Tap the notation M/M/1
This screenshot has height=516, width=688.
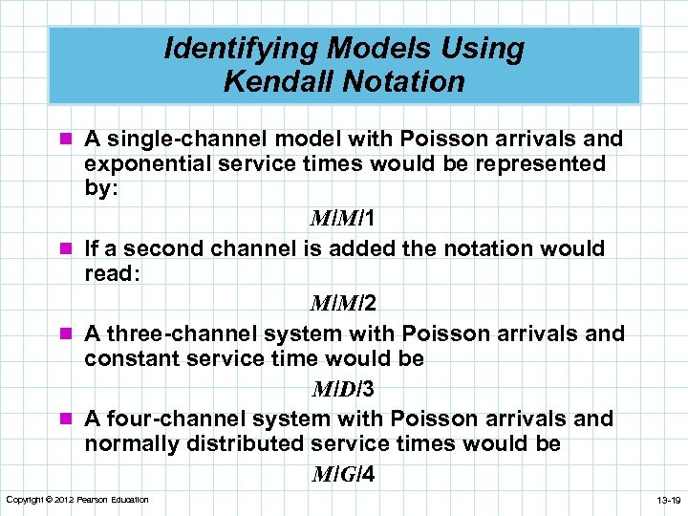click(x=342, y=219)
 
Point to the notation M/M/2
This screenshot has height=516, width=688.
click(x=342, y=304)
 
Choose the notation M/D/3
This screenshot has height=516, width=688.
click(x=342, y=389)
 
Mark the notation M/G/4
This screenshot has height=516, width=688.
click(x=342, y=474)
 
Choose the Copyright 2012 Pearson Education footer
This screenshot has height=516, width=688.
click(x=76, y=500)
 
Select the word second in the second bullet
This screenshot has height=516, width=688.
click(x=164, y=248)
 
